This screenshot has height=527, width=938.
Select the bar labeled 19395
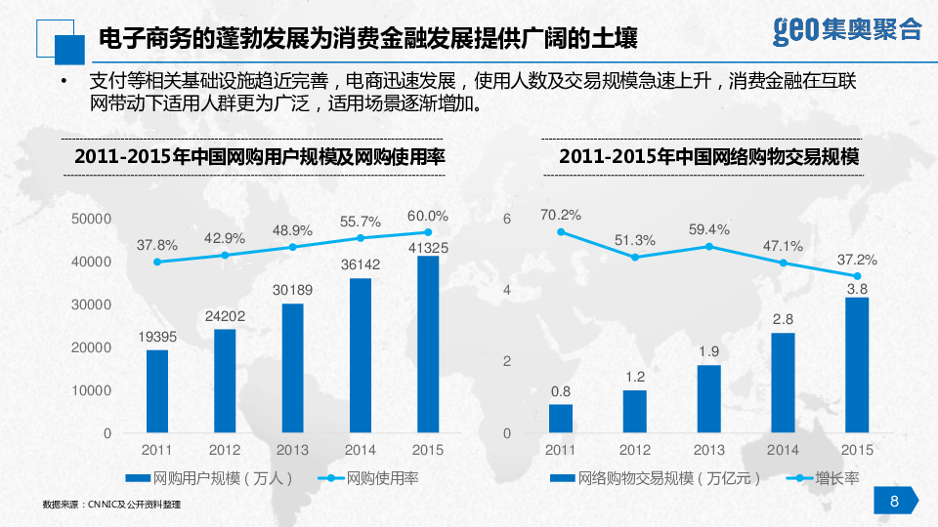coord(157,390)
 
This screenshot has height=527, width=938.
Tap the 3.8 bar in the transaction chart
coord(857,364)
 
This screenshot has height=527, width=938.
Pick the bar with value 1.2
coord(635,411)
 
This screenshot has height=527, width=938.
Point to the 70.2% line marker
coord(561,232)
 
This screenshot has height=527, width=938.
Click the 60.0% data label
coord(428,216)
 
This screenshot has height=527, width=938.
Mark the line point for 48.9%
coord(292,247)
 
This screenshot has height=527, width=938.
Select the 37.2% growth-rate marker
coord(857,276)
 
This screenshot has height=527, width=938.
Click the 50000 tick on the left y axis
coord(92,220)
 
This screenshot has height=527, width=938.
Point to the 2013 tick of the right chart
coord(708,450)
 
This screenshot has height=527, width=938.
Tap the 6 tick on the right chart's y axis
coord(506,220)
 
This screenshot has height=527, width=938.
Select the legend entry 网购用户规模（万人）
coord(209,478)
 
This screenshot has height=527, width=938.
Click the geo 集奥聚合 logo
coord(847,29)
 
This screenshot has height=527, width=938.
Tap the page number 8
coord(894,502)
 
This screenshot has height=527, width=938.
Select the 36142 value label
coord(361,263)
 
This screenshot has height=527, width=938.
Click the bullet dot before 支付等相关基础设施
coord(64,81)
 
